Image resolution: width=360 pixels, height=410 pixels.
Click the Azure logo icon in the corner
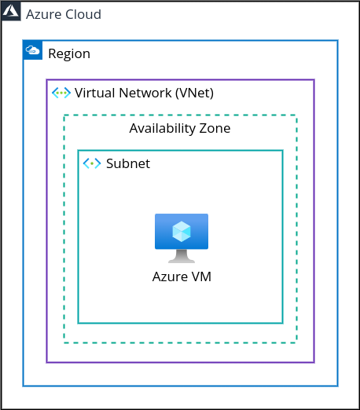click(x=11, y=12)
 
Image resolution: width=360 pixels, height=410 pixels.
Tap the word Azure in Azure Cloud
click(x=43, y=14)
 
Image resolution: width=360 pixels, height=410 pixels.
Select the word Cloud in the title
click(x=83, y=14)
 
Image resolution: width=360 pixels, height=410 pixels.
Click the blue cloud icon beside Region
click(x=33, y=50)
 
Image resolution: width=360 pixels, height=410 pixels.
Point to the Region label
click(x=69, y=54)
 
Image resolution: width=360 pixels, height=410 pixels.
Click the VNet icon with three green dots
click(x=61, y=93)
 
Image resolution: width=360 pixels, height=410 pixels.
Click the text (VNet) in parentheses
click(x=195, y=93)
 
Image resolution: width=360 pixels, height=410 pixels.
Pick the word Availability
click(x=163, y=129)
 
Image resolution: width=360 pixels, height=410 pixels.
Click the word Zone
click(x=215, y=128)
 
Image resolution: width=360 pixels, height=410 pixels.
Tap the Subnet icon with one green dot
click(x=92, y=163)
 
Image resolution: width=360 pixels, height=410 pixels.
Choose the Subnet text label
click(x=128, y=163)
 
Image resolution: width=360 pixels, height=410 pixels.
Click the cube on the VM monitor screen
click(x=182, y=232)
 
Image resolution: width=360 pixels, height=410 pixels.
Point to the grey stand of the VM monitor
click(x=182, y=256)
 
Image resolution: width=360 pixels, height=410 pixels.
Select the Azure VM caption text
click(x=182, y=276)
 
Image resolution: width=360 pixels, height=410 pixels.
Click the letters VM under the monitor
click(x=201, y=276)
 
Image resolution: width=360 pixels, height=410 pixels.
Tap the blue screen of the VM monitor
click(x=182, y=232)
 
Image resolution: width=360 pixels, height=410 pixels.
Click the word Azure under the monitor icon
click(x=170, y=276)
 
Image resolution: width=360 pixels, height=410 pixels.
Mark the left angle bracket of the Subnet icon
click(x=86, y=163)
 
